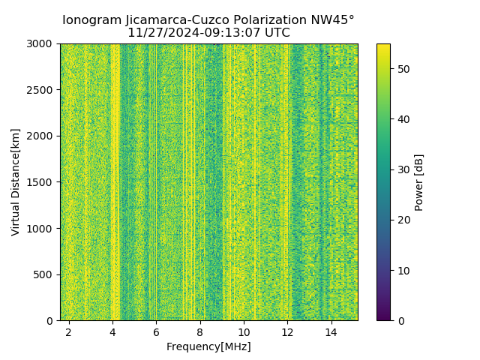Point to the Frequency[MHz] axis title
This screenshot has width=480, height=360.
pyautogui.click(x=208, y=346)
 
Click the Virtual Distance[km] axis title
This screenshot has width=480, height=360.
pyautogui.click(x=16, y=181)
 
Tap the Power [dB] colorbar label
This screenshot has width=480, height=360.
pyautogui.click(x=419, y=182)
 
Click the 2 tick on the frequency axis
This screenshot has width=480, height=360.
pyautogui.click(x=69, y=331)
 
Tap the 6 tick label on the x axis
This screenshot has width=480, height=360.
pyautogui.click(x=156, y=331)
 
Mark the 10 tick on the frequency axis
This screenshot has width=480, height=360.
pyautogui.click(x=244, y=331)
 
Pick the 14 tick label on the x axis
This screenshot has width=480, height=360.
pyautogui.click(x=331, y=331)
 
